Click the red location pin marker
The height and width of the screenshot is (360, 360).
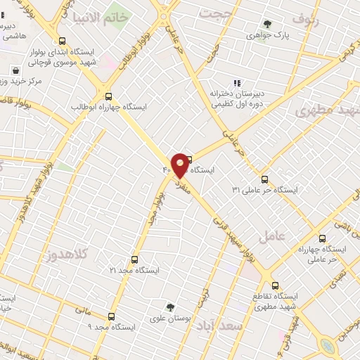coord(180,165)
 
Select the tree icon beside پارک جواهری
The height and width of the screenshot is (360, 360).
coord(266,23)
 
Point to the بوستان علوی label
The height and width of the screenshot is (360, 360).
coord(171,318)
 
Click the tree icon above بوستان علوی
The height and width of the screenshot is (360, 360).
coord(170,307)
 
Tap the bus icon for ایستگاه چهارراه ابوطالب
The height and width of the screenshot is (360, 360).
coord(108,96)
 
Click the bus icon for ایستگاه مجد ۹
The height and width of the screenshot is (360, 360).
coord(111,316)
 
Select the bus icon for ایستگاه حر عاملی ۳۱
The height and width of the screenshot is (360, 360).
coord(264,179)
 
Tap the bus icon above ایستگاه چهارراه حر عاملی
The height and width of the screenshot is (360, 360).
coord(323,239)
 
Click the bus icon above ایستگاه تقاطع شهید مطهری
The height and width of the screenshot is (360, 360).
coord(275,285)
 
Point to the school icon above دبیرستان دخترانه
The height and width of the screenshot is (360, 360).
coord(237,82)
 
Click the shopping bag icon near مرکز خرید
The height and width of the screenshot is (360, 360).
coord(16,70)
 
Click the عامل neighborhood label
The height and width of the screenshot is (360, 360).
coord(272,236)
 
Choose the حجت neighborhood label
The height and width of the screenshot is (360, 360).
coord(216,13)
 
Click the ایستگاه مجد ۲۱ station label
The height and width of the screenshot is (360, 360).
coord(134,270)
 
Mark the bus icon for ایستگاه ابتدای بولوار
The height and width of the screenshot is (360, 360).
coord(63,41)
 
